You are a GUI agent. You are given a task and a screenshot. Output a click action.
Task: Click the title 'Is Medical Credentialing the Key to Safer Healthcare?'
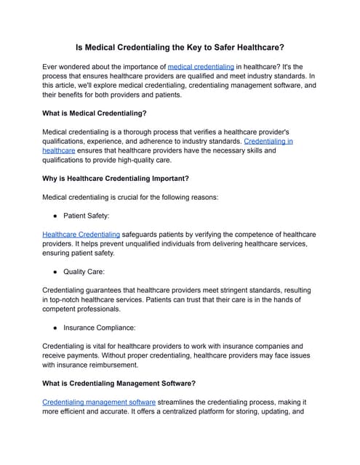[x=180, y=45]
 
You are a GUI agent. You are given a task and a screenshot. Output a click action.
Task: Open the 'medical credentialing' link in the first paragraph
[x=201, y=66]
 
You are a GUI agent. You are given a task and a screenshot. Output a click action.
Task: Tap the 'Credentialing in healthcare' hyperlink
[x=268, y=142]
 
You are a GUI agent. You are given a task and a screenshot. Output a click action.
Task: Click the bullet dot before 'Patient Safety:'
[x=55, y=216]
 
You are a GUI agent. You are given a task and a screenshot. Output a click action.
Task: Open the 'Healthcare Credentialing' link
[x=81, y=235]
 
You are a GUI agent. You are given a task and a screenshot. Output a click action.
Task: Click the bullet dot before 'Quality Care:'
[x=55, y=272]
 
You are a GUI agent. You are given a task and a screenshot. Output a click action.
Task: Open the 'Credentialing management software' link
[x=99, y=402]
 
